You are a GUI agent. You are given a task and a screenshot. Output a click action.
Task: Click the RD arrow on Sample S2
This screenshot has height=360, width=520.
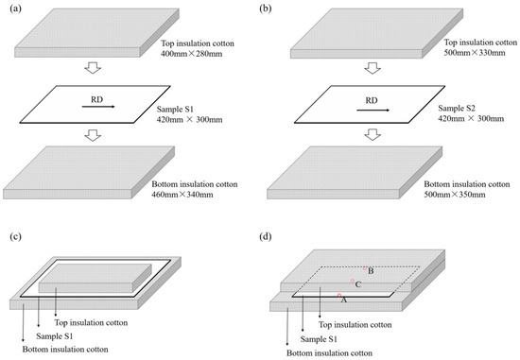click(x=363, y=110)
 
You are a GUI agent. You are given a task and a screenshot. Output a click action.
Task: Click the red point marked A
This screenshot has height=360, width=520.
click(x=339, y=296)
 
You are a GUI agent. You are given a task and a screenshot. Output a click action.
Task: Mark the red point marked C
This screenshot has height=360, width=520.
click(x=352, y=282)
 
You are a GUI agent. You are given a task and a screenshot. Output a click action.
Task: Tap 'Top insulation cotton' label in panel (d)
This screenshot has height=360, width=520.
click(x=353, y=325)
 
